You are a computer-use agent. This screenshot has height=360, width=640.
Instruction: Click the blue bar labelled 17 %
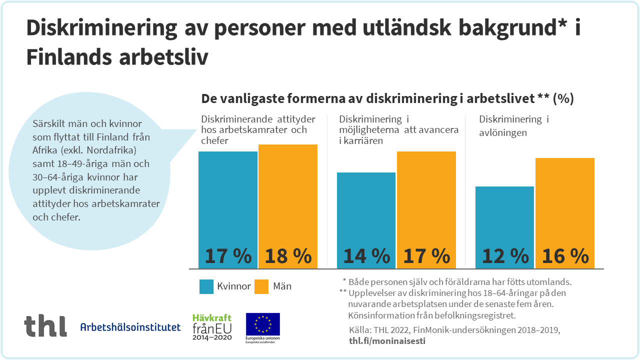tap(228, 210)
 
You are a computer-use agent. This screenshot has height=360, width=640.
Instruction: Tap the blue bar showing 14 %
tap(366, 220)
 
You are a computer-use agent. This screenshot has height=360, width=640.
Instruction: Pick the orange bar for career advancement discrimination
tap(426, 210)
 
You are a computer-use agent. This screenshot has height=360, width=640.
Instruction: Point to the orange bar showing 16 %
tap(565, 213)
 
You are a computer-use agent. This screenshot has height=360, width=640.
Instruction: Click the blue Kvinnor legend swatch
tap(206, 286)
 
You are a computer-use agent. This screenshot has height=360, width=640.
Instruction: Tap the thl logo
tap(45, 326)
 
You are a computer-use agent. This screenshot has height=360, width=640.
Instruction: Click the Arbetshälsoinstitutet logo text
tap(130, 327)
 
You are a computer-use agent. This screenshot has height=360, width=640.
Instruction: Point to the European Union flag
tap(262, 324)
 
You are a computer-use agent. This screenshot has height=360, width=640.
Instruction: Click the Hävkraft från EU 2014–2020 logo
tap(212, 326)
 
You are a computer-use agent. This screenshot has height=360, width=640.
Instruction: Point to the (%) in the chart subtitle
tap(563, 99)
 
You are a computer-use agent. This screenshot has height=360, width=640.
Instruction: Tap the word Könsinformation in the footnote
tap(380, 315)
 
